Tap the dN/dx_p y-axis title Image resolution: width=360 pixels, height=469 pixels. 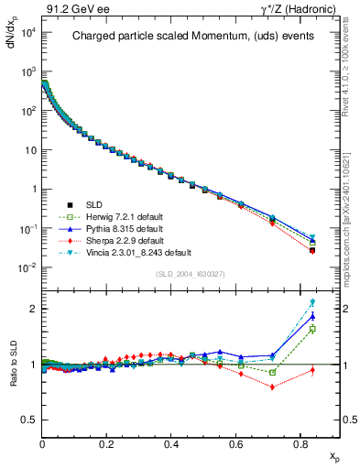click(x=12, y=38)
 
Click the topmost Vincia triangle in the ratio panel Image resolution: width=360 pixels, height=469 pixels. click(x=312, y=302)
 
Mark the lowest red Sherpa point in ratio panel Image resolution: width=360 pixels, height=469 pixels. click(x=272, y=387)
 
